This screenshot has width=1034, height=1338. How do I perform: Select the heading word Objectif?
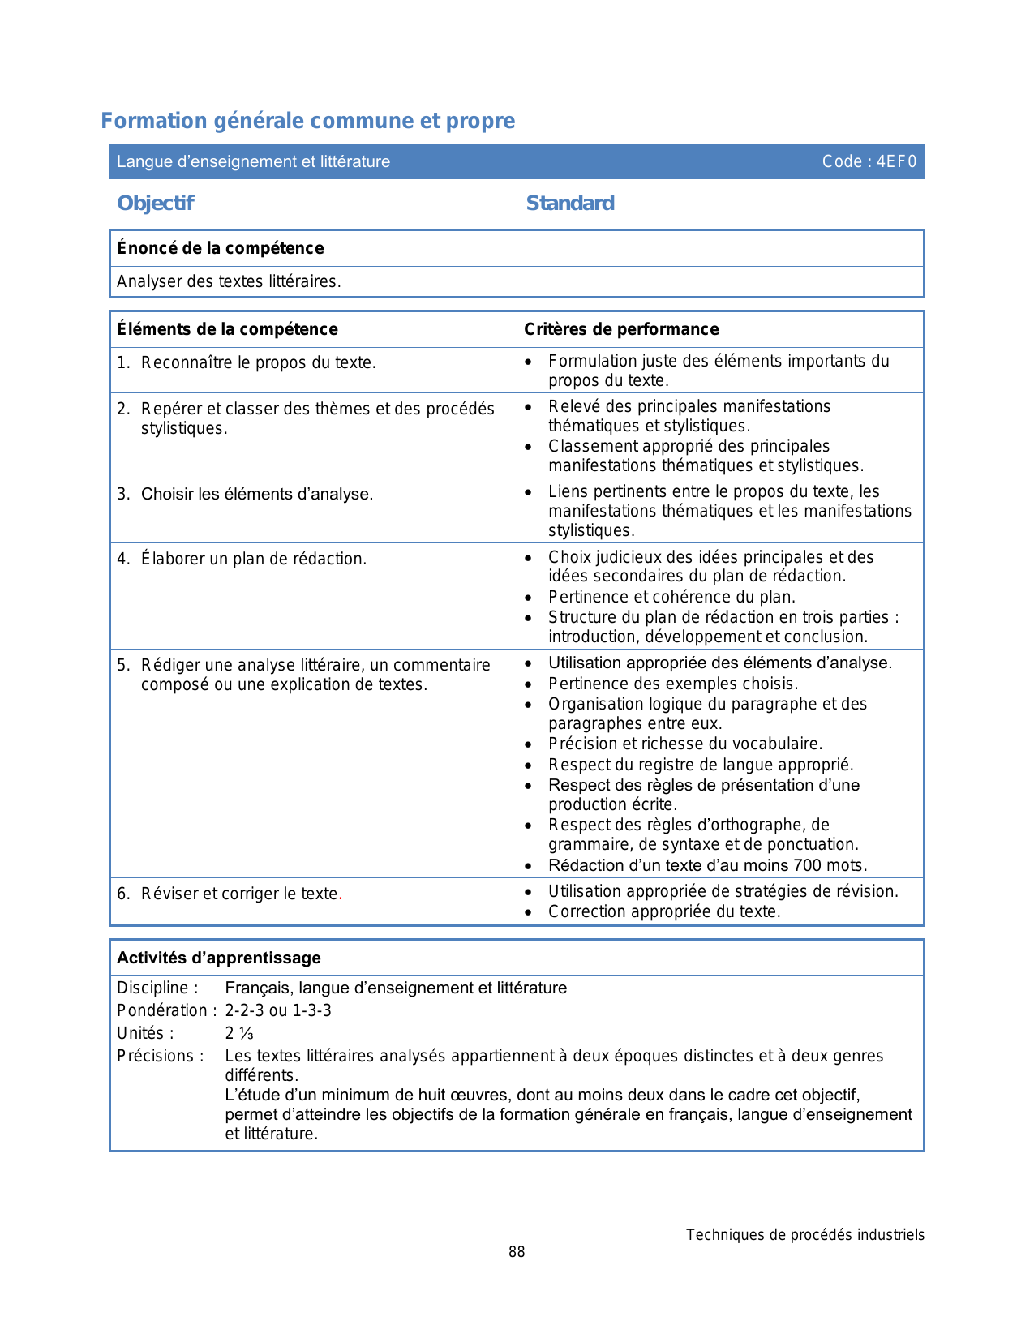tap(156, 203)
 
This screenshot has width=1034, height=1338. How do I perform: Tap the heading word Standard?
tap(570, 203)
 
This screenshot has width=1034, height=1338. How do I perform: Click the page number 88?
tap(517, 1252)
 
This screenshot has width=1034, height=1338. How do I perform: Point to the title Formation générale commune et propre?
tap(308, 121)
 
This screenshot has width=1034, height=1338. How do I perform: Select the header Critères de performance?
tap(621, 329)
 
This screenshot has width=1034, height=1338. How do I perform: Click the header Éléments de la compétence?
tap(227, 329)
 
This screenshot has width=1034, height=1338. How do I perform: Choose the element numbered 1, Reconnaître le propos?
tap(258, 362)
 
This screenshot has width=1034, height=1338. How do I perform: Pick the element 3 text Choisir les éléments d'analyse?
tap(257, 494)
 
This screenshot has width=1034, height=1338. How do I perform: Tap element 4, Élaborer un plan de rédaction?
tap(254, 559)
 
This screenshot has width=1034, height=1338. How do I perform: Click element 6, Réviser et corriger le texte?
tap(239, 894)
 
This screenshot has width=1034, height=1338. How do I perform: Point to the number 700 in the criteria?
tap(808, 865)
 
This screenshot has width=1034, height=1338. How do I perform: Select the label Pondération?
tap(166, 1010)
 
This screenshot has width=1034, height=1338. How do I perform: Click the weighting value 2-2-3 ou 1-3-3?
tap(278, 1010)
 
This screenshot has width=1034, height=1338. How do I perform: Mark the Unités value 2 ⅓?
tap(239, 1033)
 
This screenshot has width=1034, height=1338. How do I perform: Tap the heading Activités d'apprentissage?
tap(219, 958)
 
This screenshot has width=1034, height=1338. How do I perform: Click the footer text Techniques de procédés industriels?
tap(804, 1235)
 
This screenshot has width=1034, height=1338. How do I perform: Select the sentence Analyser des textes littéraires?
tap(229, 281)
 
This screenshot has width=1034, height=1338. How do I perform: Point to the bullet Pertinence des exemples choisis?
tap(673, 684)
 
